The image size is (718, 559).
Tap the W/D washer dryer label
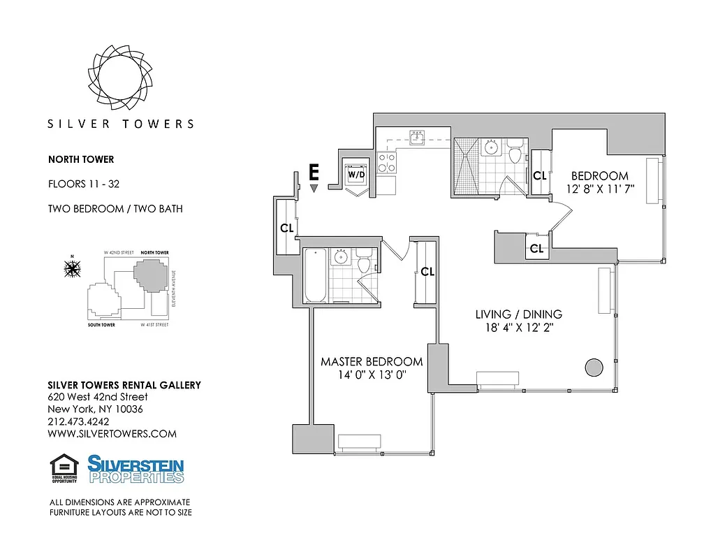tap(356, 173)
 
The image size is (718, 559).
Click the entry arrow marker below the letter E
tap(314, 188)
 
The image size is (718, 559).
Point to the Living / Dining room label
tap(518, 314)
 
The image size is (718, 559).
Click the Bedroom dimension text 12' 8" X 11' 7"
tap(600, 189)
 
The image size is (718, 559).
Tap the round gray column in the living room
tap(594, 367)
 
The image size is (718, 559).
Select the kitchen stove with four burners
tap(387, 164)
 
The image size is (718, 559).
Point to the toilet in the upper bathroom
tap(516, 152)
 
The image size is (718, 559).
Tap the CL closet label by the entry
tap(287, 228)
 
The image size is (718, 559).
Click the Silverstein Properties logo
tap(135, 469)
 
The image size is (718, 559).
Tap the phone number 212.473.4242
tap(78, 421)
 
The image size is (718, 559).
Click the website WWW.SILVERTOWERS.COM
tap(112, 434)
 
